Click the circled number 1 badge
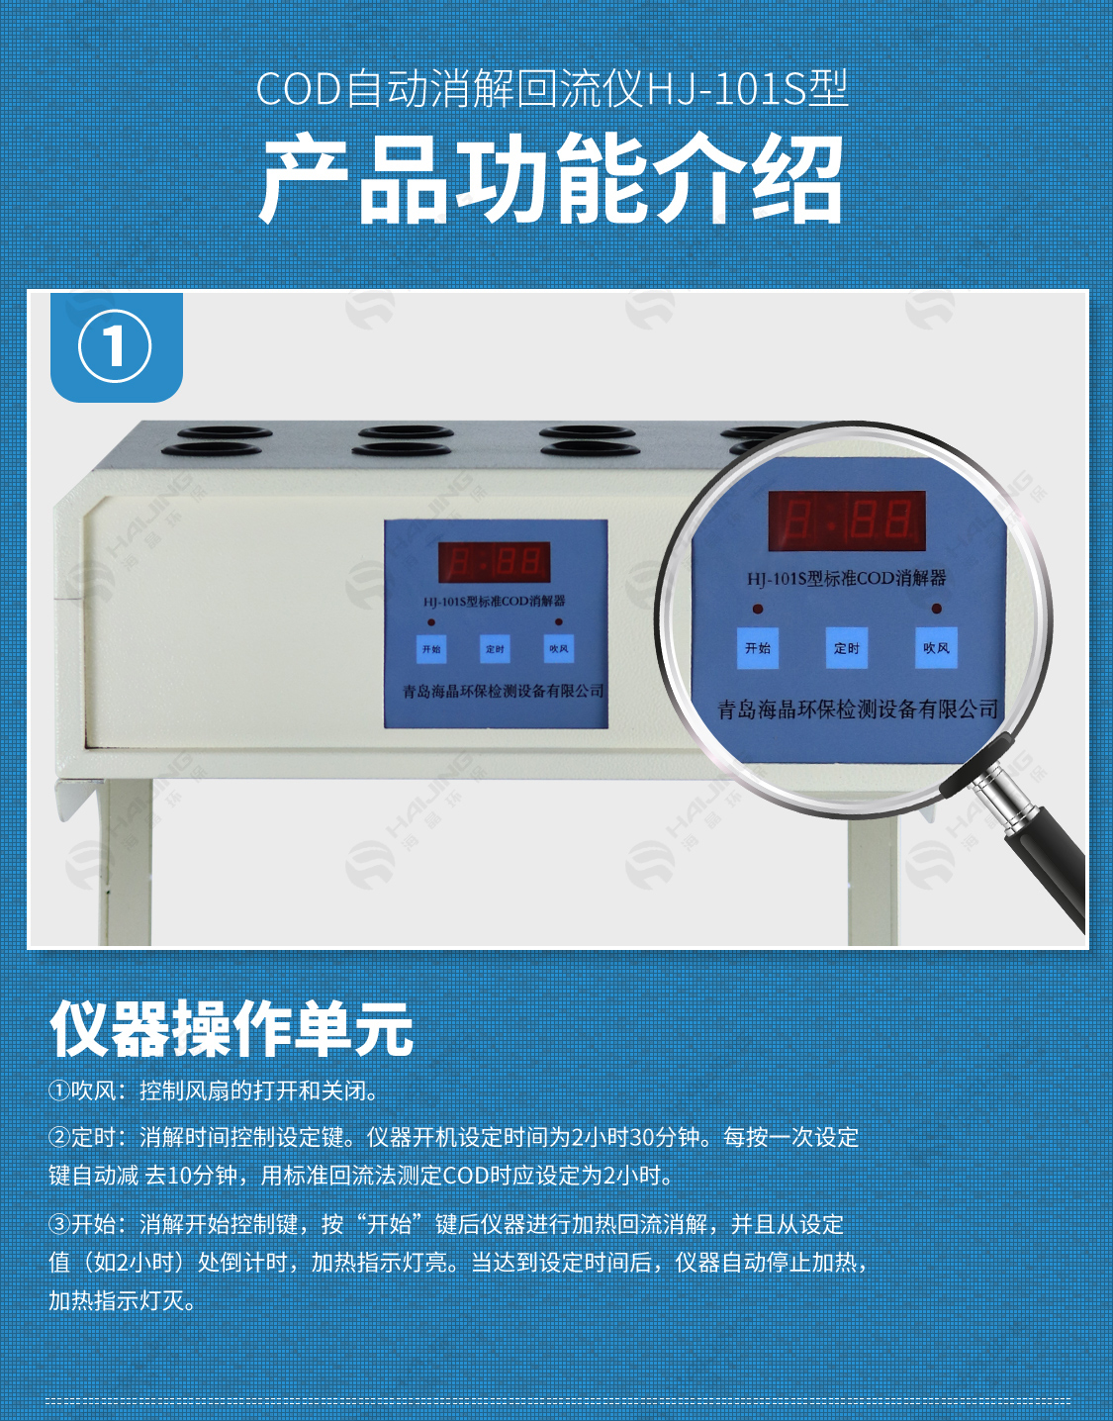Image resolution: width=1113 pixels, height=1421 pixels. point(115,346)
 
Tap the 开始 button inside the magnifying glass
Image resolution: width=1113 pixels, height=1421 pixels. point(758,647)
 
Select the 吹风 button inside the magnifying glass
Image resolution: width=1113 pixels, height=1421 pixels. point(936,647)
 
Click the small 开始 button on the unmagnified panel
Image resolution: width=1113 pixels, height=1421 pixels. point(431,649)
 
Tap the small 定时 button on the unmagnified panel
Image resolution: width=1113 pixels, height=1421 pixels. point(495,649)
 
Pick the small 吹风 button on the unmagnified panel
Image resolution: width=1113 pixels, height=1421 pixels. point(559,649)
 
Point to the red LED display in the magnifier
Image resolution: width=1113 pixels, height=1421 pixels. point(847,521)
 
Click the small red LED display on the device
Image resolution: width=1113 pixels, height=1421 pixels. point(494,562)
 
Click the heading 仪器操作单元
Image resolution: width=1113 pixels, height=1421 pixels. point(232,1029)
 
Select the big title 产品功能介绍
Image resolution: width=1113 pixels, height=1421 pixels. point(552,178)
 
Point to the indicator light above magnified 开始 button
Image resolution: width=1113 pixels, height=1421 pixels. point(758,609)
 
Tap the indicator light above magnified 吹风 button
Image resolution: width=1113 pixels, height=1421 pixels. point(937,609)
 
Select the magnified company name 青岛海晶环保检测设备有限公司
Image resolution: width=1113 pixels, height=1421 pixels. point(858,709)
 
